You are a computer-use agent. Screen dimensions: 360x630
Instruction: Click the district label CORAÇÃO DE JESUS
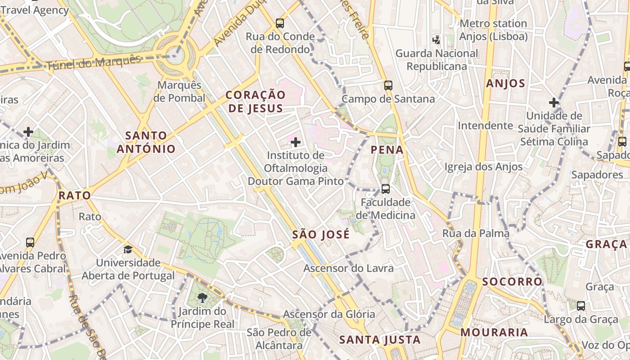pyautogui.click(x=256, y=101)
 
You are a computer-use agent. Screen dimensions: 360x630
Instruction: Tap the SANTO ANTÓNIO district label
pyautogui.click(x=146, y=142)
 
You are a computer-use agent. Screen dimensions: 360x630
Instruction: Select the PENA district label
pyautogui.click(x=387, y=150)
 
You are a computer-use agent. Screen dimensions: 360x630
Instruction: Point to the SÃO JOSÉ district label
pyautogui.click(x=321, y=234)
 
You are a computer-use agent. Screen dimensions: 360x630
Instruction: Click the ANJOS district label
pyautogui.click(x=506, y=83)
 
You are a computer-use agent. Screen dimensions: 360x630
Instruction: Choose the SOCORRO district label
pyautogui.click(x=513, y=282)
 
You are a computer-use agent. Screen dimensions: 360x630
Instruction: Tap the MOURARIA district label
pyautogui.click(x=494, y=333)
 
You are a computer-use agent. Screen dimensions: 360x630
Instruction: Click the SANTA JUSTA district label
pyautogui.click(x=380, y=340)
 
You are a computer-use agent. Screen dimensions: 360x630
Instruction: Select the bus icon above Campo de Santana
pyautogui.click(x=388, y=85)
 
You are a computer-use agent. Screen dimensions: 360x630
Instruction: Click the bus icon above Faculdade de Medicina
pyautogui.click(x=385, y=189)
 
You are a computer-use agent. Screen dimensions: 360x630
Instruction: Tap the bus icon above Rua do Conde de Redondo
pyautogui.click(x=280, y=23)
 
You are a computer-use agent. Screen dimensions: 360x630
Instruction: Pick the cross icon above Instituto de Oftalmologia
pyautogui.click(x=296, y=142)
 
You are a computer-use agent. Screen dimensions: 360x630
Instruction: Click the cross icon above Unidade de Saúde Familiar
pyautogui.click(x=554, y=103)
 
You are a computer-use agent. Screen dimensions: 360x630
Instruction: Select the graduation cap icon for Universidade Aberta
pyautogui.click(x=128, y=249)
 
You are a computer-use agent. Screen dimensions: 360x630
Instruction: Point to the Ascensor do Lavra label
pyautogui.click(x=348, y=268)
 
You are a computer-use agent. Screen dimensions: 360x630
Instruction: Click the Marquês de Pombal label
pyautogui.click(x=179, y=91)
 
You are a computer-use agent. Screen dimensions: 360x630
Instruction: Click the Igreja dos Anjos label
pyautogui.click(x=484, y=167)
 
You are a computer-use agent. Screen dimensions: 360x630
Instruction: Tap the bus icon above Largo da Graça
pyautogui.click(x=581, y=306)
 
